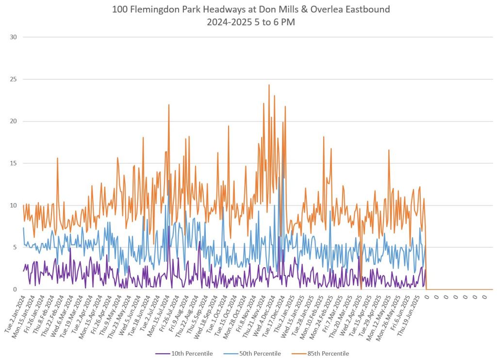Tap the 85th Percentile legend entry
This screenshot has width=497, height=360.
tap(328, 353)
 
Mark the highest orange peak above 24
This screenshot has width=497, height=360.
tap(269, 85)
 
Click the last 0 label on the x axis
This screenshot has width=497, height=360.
tap(485, 296)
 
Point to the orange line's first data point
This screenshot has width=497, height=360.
tap(23, 205)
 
